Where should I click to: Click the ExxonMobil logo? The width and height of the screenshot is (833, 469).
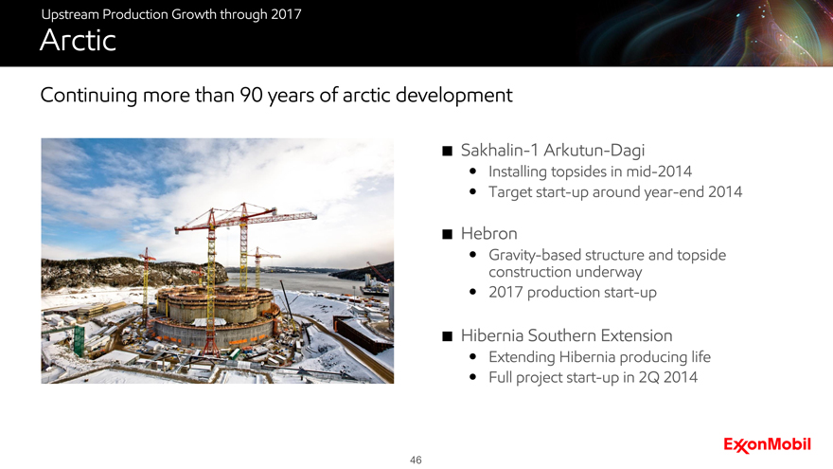(x=767, y=444)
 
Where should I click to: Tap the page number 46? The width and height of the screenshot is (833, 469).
(x=416, y=460)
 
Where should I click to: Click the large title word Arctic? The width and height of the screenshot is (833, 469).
(x=78, y=40)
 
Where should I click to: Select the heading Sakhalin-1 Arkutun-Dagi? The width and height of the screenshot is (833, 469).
(x=553, y=151)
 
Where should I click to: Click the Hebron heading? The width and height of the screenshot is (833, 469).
(x=488, y=233)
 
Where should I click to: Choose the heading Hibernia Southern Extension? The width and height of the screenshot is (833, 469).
(x=566, y=335)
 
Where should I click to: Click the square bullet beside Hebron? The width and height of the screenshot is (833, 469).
(x=448, y=234)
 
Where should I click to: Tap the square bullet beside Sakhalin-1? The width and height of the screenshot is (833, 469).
(x=448, y=151)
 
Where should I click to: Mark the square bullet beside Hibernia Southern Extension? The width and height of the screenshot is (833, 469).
(x=448, y=336)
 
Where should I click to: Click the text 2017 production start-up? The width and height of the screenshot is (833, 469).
(x=573, y=293)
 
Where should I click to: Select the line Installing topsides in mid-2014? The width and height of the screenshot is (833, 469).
(x=591, y=171)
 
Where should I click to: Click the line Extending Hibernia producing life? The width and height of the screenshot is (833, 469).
(x=599, y=357)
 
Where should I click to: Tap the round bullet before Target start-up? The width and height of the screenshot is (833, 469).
(x=472, y=191)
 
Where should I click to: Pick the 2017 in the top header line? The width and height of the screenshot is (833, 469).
(x=286, y=14)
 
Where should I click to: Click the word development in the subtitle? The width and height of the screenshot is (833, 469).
(x=454, y=96)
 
